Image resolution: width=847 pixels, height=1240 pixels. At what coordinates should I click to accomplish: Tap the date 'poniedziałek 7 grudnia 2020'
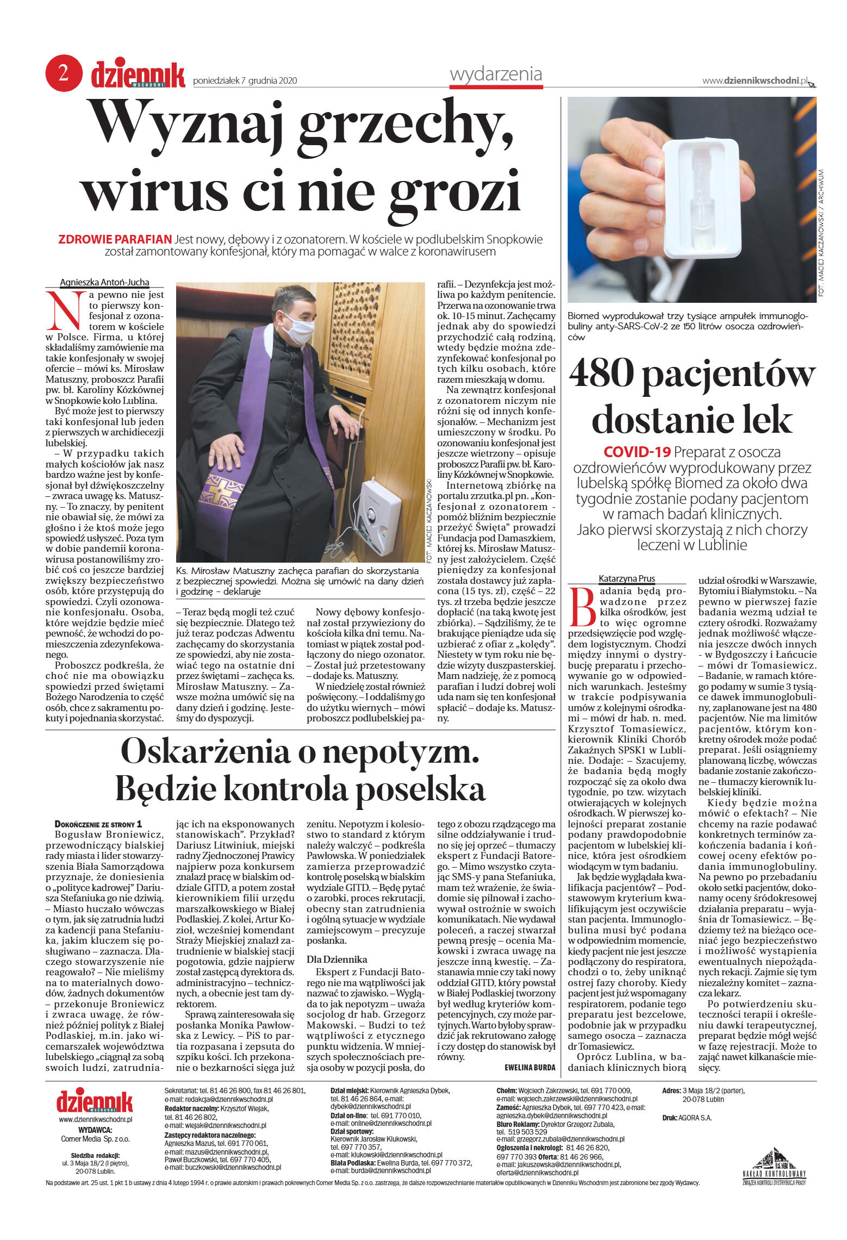tap(245, 81)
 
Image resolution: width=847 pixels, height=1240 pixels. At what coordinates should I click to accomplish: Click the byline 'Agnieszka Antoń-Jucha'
tap(104, 282)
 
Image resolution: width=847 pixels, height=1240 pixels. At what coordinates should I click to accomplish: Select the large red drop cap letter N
tap(65, 311)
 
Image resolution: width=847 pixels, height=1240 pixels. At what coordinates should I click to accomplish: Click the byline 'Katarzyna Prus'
tap(626, 578)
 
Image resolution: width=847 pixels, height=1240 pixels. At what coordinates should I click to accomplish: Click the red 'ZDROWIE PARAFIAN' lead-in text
tap(115, 239)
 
